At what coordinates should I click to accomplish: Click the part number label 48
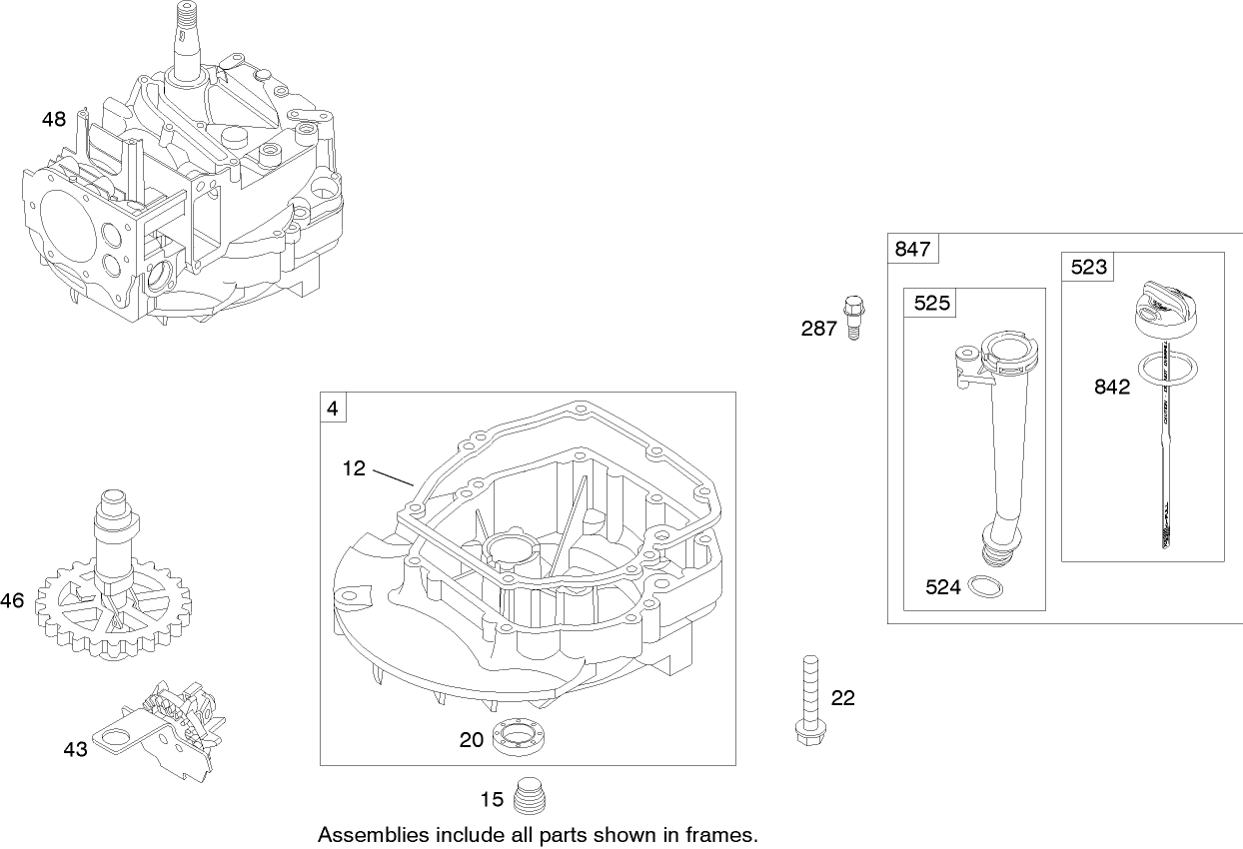[53, 120]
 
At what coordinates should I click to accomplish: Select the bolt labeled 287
[852, 317]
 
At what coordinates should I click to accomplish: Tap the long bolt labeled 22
[807, 698]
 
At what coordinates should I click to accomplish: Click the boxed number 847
[911, 250]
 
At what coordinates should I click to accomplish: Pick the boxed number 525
[931, 304]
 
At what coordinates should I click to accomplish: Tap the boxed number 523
[1088, 267]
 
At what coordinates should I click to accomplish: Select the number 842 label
[1110, 387]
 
